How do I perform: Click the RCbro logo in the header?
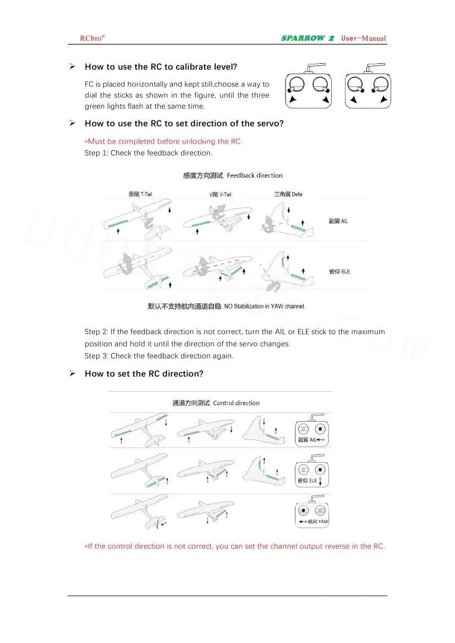point(92,38)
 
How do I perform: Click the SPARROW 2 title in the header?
point(307,38)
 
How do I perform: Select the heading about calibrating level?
point(161,67)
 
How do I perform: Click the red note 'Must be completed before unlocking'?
point(163,141)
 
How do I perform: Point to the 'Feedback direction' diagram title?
point(233,175)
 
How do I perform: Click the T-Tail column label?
point(140,194)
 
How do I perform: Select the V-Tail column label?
point(220,195)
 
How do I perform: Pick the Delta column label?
point(288,194)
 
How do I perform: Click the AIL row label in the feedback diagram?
point(338,221)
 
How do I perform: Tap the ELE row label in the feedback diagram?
point(339,272)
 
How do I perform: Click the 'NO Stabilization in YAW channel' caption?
point(226,306)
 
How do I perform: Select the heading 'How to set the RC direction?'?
point(144,373)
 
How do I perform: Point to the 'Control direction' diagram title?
point(216,403)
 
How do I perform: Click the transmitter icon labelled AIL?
point(312,430)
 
